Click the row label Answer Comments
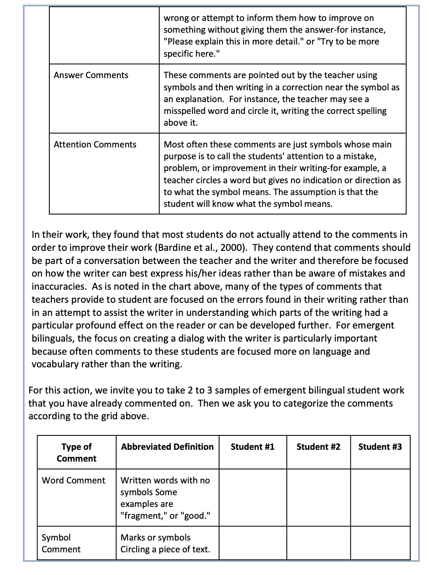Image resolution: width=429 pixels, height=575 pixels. tap(91, 75)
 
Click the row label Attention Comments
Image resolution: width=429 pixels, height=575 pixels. tap(95, 144)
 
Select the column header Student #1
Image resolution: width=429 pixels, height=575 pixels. tap(252, 447)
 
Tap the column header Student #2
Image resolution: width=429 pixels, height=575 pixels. tap(318, 447)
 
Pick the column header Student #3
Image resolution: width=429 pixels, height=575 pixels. tap(380, 447)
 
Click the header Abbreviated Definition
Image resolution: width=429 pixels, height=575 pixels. tap(167, 447)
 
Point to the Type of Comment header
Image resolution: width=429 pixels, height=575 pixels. tap(76, 452)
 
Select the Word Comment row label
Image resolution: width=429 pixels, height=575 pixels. tap(73, 480)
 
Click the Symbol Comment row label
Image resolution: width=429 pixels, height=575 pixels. tap(61, 543)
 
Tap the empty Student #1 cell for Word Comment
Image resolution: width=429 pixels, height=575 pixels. tap(253, 497)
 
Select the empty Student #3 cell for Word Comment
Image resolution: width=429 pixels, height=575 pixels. tap(380, 497)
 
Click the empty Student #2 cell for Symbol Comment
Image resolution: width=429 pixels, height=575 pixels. tap(318, 543)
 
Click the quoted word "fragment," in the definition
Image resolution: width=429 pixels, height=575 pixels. tap(144, 516)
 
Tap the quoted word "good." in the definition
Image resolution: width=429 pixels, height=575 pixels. tap(195, 516)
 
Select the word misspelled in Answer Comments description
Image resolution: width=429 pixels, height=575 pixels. tap(186, 111)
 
